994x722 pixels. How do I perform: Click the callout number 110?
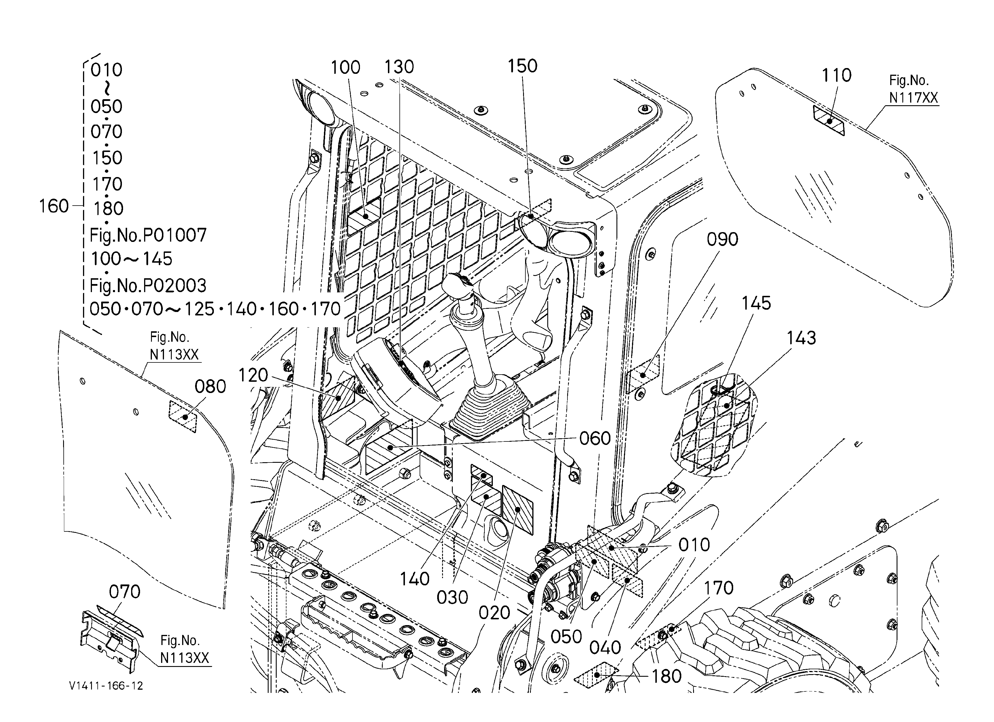pos(836,75)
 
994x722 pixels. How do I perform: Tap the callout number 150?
pos(523,66)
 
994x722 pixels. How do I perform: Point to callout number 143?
pos(801,338)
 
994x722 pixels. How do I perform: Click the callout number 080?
pos(210,387)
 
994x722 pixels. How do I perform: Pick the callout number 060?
pos(595,438)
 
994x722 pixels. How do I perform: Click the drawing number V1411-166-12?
pos(106,686)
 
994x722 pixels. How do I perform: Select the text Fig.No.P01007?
pos(148,235)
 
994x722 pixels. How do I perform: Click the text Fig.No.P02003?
pos(148,286)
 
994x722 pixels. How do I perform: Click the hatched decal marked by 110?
pos(828,121)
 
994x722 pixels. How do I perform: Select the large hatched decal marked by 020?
pos(518,510)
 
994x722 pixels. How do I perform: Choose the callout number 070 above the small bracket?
pos(125,592)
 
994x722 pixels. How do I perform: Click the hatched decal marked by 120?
pos(338,397)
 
